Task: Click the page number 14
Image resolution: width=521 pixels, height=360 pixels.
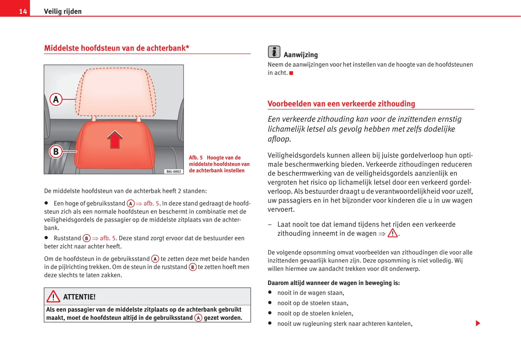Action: pos(23,12)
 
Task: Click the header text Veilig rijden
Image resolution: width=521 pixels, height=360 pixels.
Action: pos(63,12)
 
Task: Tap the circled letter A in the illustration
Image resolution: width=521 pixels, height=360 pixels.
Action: pos(56,99)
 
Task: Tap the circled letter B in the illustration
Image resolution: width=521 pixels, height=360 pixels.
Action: pos(56,152)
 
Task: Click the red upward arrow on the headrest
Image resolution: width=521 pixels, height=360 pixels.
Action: pos(115,140)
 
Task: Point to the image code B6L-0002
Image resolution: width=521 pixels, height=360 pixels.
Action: pos(173,171)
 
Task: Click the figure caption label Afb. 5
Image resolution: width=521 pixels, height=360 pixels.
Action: pos(196,158)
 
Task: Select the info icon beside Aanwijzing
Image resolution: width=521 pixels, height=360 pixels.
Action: pos(274,52)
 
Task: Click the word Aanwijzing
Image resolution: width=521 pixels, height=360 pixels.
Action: pos(301,55)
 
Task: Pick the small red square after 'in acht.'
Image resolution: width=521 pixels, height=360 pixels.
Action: pos(291,73)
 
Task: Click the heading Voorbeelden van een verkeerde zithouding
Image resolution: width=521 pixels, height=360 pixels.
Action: pos(341,104)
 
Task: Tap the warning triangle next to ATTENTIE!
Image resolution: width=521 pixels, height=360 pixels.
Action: pos(53,297)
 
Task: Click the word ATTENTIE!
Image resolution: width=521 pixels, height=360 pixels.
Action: pos(79,297)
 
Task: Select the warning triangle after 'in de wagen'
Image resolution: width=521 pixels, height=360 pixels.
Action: pos(392,233)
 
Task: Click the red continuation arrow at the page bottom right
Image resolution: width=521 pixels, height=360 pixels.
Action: pos(478,323)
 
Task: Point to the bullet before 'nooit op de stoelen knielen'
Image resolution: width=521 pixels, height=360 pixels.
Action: pos(270,313)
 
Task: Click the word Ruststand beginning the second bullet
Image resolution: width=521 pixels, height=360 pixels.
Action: pos(67,238)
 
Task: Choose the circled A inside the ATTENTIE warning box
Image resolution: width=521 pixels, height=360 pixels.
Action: pos(198,318)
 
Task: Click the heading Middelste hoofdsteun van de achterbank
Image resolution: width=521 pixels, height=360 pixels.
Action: pos(116,48)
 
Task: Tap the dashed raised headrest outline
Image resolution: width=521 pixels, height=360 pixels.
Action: pos(115,92)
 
